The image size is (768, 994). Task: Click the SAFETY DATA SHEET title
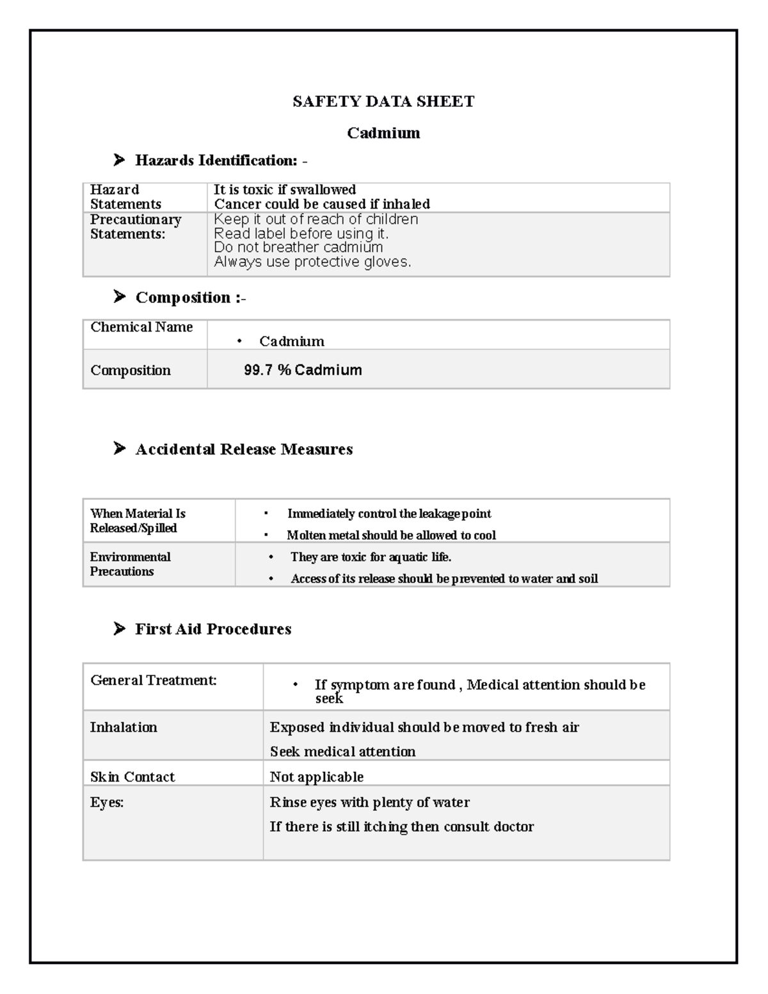coord(383,102)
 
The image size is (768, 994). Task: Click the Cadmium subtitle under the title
coord(383,133)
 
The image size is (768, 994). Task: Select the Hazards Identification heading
coord(216,161)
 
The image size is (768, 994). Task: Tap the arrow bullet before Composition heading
coord(119,296)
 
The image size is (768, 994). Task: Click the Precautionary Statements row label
coord(135,227)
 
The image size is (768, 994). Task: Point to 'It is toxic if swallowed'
coord(285,189)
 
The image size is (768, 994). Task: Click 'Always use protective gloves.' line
coord(312,262)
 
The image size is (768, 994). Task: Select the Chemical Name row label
coord(141,327)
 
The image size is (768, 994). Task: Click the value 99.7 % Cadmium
coord(303,370)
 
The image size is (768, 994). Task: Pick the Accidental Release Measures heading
coord(244,449)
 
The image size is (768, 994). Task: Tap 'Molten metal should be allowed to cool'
coord(391,535)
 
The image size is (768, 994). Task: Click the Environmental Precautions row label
coord(130,564)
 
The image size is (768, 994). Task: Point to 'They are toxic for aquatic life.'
coord(371,557)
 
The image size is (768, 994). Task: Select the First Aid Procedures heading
coord(213,629)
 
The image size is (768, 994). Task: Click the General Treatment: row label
coord(154,680)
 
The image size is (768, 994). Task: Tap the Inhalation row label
coord(124,727)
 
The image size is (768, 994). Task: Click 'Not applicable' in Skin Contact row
coord(316,777)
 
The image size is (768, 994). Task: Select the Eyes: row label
coord(107,802)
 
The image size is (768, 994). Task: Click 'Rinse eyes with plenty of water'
coord(369,802)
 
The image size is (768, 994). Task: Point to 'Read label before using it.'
coord(301,234)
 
